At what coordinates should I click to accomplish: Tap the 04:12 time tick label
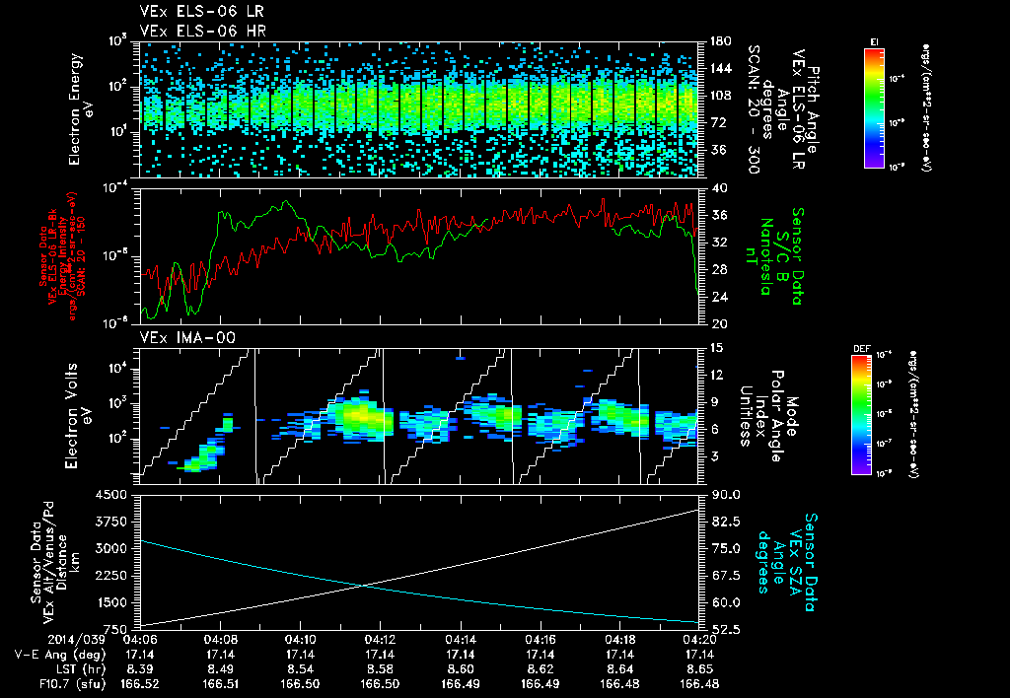[380, 639]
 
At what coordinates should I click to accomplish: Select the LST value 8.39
[140, 668]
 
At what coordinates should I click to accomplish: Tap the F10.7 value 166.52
[140, 683]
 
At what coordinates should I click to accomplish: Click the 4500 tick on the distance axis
[116, 494]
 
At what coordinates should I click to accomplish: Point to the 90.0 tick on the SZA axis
[721, 494]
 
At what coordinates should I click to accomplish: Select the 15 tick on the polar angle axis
[714, 347]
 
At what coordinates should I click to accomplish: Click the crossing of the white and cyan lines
[366, 585]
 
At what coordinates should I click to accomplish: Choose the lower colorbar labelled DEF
[866, 414]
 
